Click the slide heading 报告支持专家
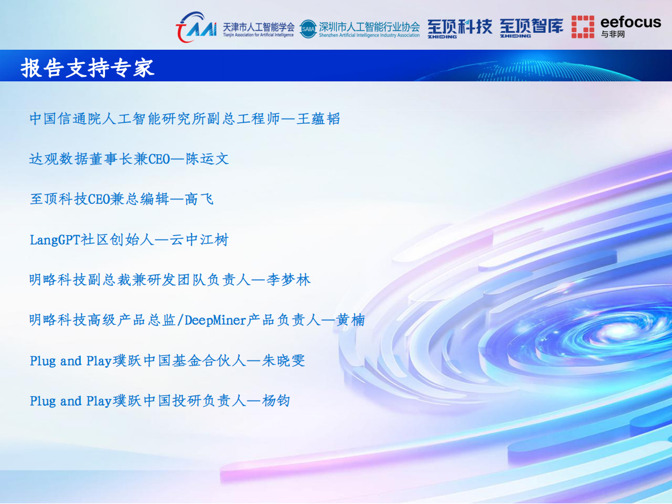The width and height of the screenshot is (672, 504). tap(88, 68)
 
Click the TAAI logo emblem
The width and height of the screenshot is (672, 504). tap(195, 27)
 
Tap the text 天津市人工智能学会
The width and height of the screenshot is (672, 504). tap(258, 26)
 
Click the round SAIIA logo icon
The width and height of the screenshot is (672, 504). tap(308, 28)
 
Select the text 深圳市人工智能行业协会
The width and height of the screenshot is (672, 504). tap(369, 26)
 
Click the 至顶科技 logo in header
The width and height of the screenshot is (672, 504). tap(459, 27)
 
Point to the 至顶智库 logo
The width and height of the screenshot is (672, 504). tap(531, 27)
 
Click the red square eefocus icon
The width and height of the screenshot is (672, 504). tap(582, 27)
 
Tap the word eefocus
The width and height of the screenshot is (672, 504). tap(630, 22)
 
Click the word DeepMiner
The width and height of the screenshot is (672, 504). tap(216, 320)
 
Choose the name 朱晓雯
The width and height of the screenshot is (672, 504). tap(283, 360)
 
